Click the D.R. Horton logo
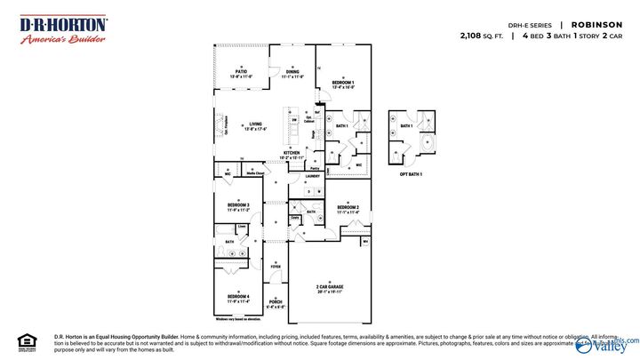point(63,29)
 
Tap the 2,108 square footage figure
point(475,36)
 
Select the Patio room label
point(241,71)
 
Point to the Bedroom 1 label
point(343,83)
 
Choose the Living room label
point(256,124)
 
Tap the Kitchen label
point(292,153)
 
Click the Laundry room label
point(312,176)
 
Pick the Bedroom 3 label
point(237,207)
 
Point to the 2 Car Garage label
point(330,286)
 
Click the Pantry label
point(315,167)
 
